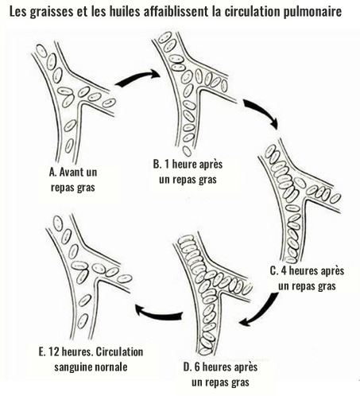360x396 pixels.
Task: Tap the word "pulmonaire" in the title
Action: pos(312,12)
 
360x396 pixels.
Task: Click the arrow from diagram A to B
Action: pos(137,79)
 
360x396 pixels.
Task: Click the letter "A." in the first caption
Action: pos(53,173)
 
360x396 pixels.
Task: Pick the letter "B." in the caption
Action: pos(157,164)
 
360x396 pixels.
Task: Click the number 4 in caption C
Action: pos(284,271)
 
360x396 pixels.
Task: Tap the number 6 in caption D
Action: pos(198,367)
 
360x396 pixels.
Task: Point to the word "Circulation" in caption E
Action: pos(119,352)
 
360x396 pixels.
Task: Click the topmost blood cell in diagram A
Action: pos(41,51)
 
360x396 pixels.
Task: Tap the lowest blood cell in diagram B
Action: pos(187,151)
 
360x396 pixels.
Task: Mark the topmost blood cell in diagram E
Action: pos(58,223)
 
